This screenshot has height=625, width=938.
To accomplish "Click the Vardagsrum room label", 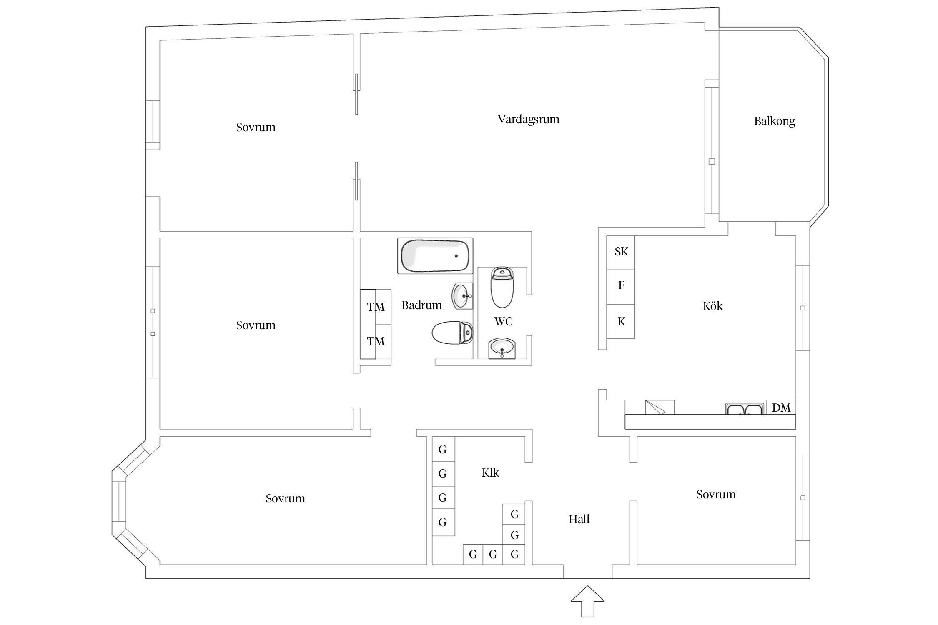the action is pos(528,120).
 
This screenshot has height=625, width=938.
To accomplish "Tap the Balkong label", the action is pos(774,121).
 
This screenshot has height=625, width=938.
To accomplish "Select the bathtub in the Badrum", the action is pos(435,256).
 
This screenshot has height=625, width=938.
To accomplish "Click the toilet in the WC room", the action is pos(502,287).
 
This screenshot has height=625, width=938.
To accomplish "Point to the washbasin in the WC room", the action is pos(502,347).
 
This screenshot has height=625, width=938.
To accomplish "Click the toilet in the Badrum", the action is pos(452,333).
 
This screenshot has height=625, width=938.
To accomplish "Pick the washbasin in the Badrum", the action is pos(463,295).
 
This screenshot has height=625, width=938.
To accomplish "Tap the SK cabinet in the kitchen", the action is pos(620,252).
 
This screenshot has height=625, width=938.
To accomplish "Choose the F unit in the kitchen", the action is pos(620,287).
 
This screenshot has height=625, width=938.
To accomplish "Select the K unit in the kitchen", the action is pos(620,321).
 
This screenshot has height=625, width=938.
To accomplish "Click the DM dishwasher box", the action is pos(781,407).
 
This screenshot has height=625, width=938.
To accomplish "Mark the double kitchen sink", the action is pos(745,409).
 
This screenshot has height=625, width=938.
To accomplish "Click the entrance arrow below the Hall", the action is pos(587,601).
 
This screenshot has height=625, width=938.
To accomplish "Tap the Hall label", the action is pos(579,519).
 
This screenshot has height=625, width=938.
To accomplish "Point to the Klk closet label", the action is pos(490,472).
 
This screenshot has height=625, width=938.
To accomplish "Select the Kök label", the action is pos(712,306).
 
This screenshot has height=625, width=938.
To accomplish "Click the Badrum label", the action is pos(421,305).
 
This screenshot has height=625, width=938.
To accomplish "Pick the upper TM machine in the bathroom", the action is pos(376,307).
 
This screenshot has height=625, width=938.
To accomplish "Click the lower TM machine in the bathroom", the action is pos(376,341).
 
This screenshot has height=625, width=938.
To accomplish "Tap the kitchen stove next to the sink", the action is pos(660,407).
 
